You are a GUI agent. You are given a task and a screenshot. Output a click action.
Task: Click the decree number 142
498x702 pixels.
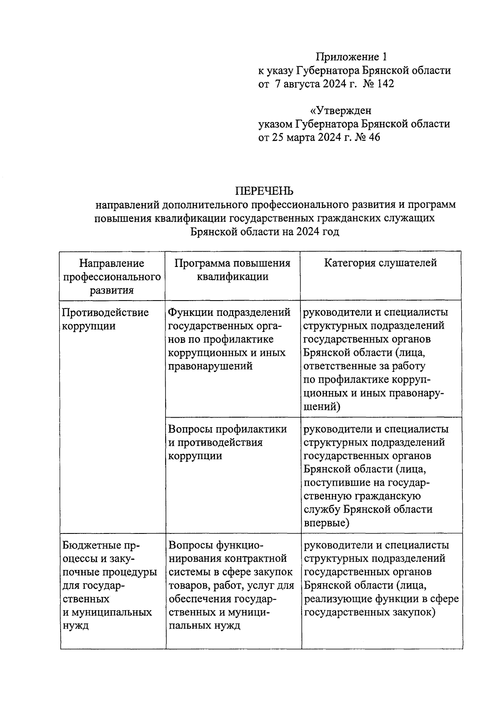click(x=385, y=84)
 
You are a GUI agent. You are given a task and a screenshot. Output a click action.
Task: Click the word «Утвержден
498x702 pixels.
click(x=341, y=111)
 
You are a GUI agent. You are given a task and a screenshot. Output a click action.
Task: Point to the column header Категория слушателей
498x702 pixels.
click(x=381, y=263)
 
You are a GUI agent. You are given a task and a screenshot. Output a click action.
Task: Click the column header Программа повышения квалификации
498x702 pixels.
click(x=232, y=270)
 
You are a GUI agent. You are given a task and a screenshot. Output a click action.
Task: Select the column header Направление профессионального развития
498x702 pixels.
click(x=112, y=276)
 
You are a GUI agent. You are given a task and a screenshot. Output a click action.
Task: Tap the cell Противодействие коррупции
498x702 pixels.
click(x=105, y=319)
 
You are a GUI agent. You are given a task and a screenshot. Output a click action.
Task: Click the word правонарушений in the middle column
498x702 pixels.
click(x=210, y=366)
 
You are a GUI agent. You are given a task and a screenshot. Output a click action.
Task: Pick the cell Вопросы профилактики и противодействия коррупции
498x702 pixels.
click(x=227, y=442)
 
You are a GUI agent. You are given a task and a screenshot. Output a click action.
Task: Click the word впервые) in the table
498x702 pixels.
click(x=327, y=523)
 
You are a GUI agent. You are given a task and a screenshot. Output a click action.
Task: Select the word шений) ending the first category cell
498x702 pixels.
click(x=322, y=406)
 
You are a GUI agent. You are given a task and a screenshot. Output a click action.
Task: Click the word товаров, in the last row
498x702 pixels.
click(x=190, y=586)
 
